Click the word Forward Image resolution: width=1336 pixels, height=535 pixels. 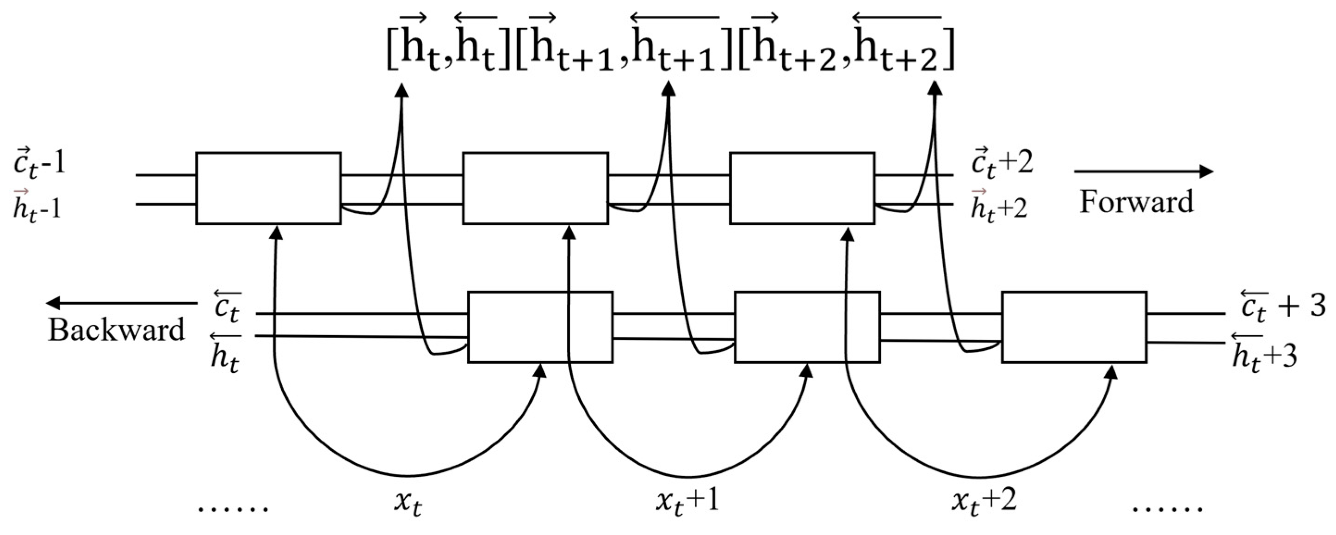[1136, 202]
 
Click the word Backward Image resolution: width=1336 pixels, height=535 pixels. [116, 330]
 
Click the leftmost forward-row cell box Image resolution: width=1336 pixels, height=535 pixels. [268, 188]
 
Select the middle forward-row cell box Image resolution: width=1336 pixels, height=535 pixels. [535, 188]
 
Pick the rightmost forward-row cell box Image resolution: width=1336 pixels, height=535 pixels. [802, 188]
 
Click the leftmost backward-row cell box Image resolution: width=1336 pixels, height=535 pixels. [540, 327]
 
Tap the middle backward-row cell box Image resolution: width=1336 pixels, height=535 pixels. [808, 327]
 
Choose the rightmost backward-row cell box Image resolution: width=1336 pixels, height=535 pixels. [1074, 327]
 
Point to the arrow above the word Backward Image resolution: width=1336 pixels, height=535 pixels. [121, 303]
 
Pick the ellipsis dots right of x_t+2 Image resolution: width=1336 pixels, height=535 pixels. [1167, 509]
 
